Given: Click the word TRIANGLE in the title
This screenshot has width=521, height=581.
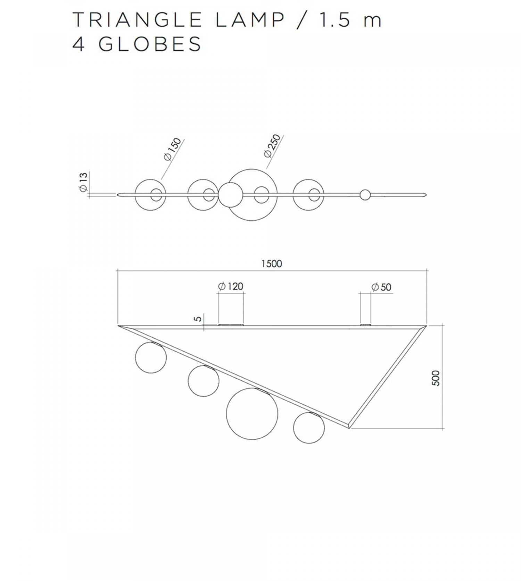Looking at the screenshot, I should point(137,20).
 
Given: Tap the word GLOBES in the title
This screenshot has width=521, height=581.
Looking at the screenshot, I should point(150,44).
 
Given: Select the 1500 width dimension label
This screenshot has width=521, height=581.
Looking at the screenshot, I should point(272,264).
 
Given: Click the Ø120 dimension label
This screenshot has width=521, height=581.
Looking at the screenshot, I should point(231,286).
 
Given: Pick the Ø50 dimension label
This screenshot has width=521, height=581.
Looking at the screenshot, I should point(381,287).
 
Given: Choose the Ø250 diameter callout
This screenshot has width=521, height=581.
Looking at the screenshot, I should point(272,146).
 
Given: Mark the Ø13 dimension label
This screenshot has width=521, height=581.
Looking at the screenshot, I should point(83,182).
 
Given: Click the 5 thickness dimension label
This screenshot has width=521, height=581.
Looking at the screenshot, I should point(198,319).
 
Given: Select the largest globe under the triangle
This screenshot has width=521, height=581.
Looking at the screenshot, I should point(252,414).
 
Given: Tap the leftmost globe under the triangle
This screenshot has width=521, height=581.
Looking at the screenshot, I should point(151,357).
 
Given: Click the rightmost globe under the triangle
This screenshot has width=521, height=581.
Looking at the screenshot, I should point(309,428).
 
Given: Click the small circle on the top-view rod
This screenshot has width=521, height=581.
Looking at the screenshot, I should point(365,195).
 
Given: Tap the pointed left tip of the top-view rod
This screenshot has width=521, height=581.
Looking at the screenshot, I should point(118,195).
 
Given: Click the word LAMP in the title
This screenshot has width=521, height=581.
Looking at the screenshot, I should point(250,20).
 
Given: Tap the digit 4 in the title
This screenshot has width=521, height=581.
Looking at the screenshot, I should point(78,44).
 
